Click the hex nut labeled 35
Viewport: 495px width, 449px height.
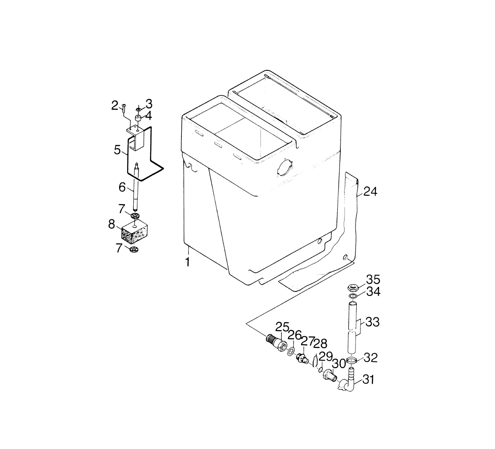352,287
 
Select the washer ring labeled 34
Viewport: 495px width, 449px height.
352,296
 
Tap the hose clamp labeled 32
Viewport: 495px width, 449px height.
352,360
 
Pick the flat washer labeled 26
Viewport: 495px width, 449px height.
291,351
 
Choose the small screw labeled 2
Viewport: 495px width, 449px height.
124,108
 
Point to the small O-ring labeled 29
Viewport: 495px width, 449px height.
320,369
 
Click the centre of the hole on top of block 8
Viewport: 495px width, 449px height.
135,226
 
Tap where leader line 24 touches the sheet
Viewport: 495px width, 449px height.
357,196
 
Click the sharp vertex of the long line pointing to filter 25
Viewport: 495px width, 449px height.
246,324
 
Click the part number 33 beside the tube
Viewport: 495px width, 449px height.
373,322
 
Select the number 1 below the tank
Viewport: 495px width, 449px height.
188,262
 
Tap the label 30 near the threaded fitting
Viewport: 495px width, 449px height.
339,364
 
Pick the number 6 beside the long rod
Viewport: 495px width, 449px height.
122,187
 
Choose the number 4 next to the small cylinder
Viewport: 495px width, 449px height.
148,115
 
